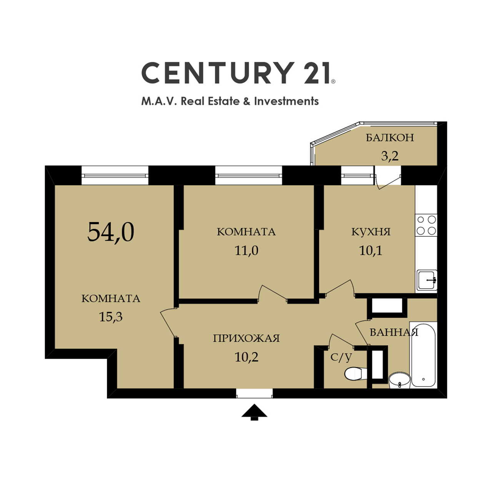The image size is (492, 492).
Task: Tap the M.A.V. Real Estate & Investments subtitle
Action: point(230,101)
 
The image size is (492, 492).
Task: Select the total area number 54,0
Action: point(111,232)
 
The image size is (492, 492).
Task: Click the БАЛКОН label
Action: point(390,138)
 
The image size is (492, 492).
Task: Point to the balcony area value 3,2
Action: point(390,156)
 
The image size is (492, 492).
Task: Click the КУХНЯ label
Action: point(371,232)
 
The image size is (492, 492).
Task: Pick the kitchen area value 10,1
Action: point(371,251)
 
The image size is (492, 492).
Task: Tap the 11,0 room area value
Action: point(246,251)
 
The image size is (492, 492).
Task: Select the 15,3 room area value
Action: point(111,317)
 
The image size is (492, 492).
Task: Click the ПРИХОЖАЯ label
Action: point(246,338)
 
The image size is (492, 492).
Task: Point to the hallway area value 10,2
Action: point(246,357)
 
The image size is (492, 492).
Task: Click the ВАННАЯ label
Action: point(394,332)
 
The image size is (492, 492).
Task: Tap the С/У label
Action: point(341,357)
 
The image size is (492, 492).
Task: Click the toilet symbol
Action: point(356,374)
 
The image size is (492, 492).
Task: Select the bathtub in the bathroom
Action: point(423,356)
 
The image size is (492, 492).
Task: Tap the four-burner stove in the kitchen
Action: point(426,225)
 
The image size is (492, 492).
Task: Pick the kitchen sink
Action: point(427,281)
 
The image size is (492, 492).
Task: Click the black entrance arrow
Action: point(254,412)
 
